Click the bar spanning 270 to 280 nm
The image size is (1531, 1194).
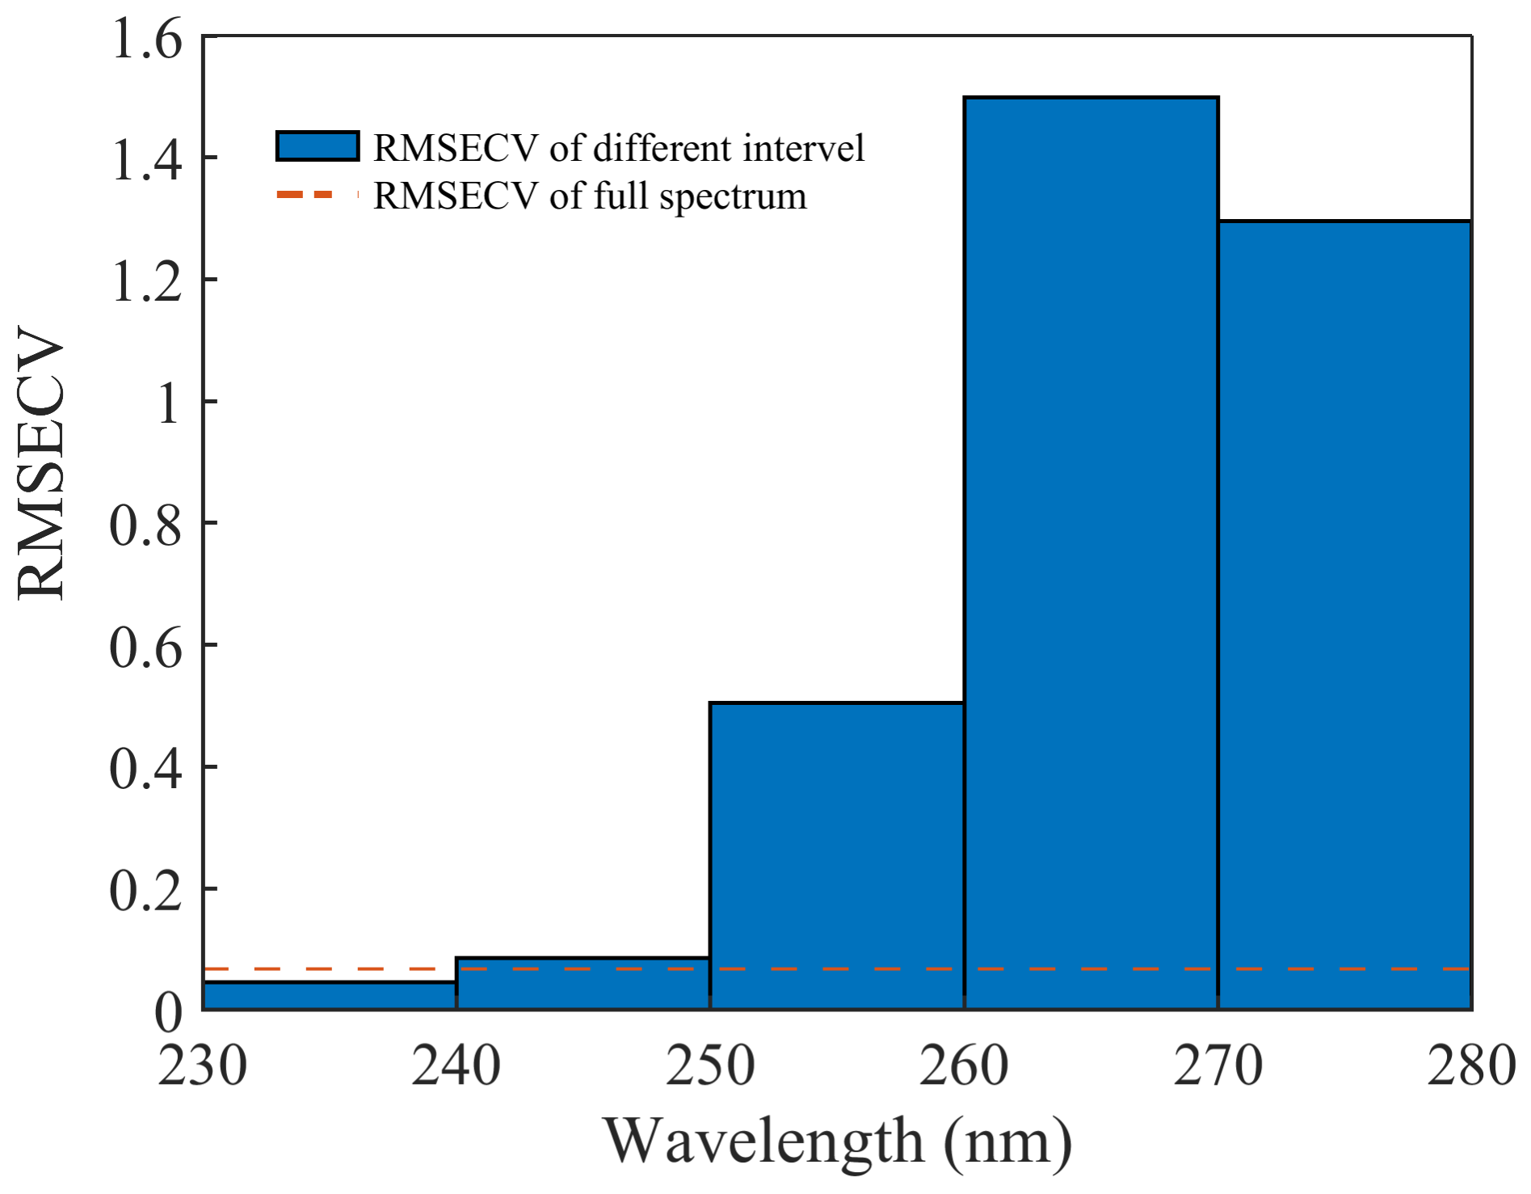click(1344, 614)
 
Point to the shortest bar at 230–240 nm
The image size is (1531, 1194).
click(329, 996)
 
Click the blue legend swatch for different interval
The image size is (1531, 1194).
click(317, 147)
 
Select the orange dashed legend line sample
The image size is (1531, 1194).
click(317, 196)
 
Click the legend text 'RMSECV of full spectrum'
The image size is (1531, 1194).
click(590, 196)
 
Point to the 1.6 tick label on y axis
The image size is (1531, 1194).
click(146, 39)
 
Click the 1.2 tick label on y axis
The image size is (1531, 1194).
click(146, 281)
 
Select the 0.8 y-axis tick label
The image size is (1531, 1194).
click(146, 525)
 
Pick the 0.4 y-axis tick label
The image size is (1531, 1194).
click(146, 769)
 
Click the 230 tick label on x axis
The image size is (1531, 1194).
click(202, 1065)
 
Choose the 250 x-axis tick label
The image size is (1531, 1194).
click(709, 1065)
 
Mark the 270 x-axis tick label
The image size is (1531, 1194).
click(1218, 1065)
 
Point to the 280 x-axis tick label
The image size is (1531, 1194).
click(1470, 1065)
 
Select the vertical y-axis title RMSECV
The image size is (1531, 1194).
click(40, 462)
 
